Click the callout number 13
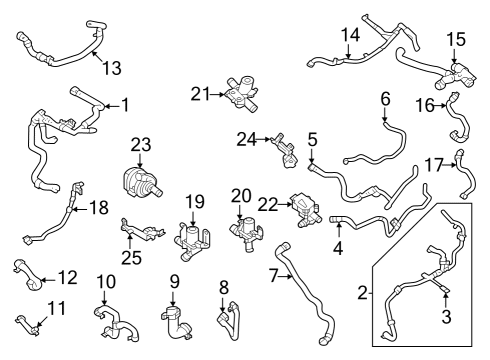pos(112,68)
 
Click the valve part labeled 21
pos(241,96)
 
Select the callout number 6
pos(385,98)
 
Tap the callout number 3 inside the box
pos(446,317)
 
